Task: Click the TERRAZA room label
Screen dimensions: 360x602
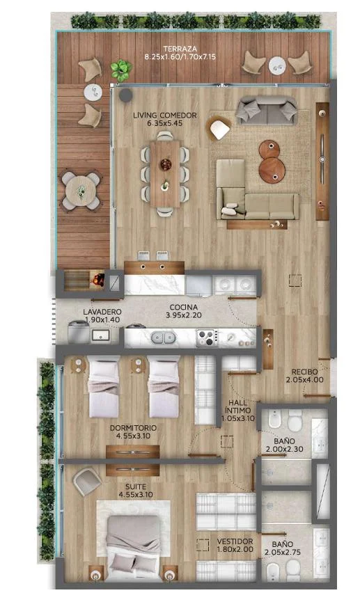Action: coord(180,49)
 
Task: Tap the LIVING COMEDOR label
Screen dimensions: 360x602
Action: coord(165,115)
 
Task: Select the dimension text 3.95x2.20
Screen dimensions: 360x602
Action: coord(184,315)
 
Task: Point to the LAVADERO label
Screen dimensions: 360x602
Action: coord(102,312)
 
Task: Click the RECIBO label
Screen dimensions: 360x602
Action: coord(305,372)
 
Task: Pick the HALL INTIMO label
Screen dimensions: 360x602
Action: coord(238,406)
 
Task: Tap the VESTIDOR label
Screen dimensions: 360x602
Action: coord(235,541)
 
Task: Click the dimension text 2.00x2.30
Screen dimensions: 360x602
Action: coord(284,449)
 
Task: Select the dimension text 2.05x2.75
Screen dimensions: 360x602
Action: coord(283,553)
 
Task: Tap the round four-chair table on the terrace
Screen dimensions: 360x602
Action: coord(81,191)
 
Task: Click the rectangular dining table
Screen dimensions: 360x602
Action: coord(165,174)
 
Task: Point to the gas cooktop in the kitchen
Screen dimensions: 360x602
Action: coord(208,338)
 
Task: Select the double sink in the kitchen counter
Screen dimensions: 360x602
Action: coord(163,338)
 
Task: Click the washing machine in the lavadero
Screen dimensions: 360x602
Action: coord(79,333)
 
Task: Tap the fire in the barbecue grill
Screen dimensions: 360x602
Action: coord(98,279)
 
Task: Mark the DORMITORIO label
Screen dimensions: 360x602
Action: coord(133,428)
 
